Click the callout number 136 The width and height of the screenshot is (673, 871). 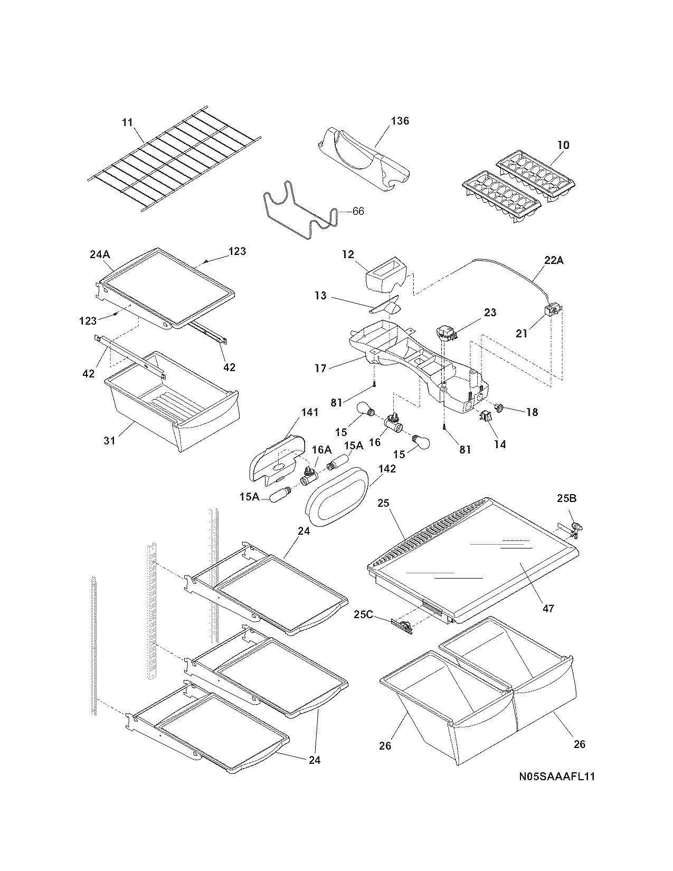pos(400,121)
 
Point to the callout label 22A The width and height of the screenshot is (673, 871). pos(552,260)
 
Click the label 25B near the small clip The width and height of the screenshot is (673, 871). pos(567,498)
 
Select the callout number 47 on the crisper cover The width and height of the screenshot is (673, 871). pos(548,609)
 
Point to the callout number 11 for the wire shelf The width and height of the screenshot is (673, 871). pos(127,122)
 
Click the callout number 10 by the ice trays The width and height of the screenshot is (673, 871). pos(563,145)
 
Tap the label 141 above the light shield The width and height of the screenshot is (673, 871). pos(310,412)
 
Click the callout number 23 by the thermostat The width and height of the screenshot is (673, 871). pos(490,313)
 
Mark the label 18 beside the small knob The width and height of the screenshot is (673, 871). pos(532,412)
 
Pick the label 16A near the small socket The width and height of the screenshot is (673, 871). pos(321,449)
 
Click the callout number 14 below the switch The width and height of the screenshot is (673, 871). pos(500,444)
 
